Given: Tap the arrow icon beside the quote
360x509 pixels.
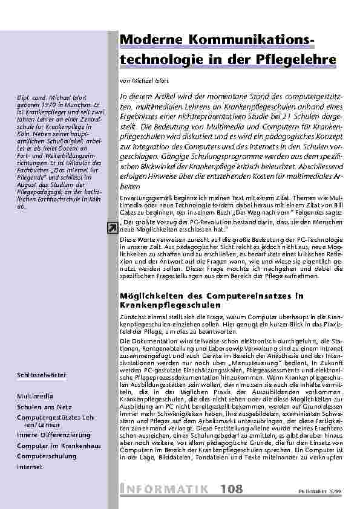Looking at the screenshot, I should point(112,227).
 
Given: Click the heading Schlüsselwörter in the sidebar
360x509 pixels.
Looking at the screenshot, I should point(42,375).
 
